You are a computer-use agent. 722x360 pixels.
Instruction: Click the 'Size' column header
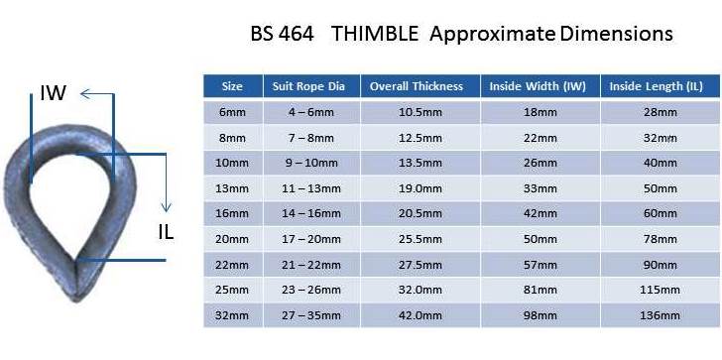(x=232, y=86)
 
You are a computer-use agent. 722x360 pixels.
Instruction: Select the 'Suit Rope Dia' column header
(x=308, y=86)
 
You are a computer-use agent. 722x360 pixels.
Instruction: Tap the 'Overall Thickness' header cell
(x=417, y=86)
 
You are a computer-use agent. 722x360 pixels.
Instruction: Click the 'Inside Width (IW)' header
(x=538, y=86)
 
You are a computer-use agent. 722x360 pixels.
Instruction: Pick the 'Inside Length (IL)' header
(x=657, y=86)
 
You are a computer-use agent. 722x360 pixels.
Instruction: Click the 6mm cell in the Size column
(x=232, y=112)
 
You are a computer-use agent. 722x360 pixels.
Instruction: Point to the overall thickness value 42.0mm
(x=419, y=315)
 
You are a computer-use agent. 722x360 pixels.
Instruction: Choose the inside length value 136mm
(x=660, y=315)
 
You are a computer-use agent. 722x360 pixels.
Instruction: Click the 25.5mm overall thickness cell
(x=419, y=239)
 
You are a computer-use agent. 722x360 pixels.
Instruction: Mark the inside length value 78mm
(x=661, y=239)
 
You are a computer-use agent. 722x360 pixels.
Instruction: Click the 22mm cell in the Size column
(x=232, y=265)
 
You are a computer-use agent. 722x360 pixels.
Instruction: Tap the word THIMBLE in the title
(x=375, y=34)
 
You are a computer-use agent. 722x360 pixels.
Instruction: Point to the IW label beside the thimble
(x=53, y=93)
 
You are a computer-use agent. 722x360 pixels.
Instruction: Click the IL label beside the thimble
(x=166, y=233)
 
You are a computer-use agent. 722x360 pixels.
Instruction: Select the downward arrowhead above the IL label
(x=167, y=206)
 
